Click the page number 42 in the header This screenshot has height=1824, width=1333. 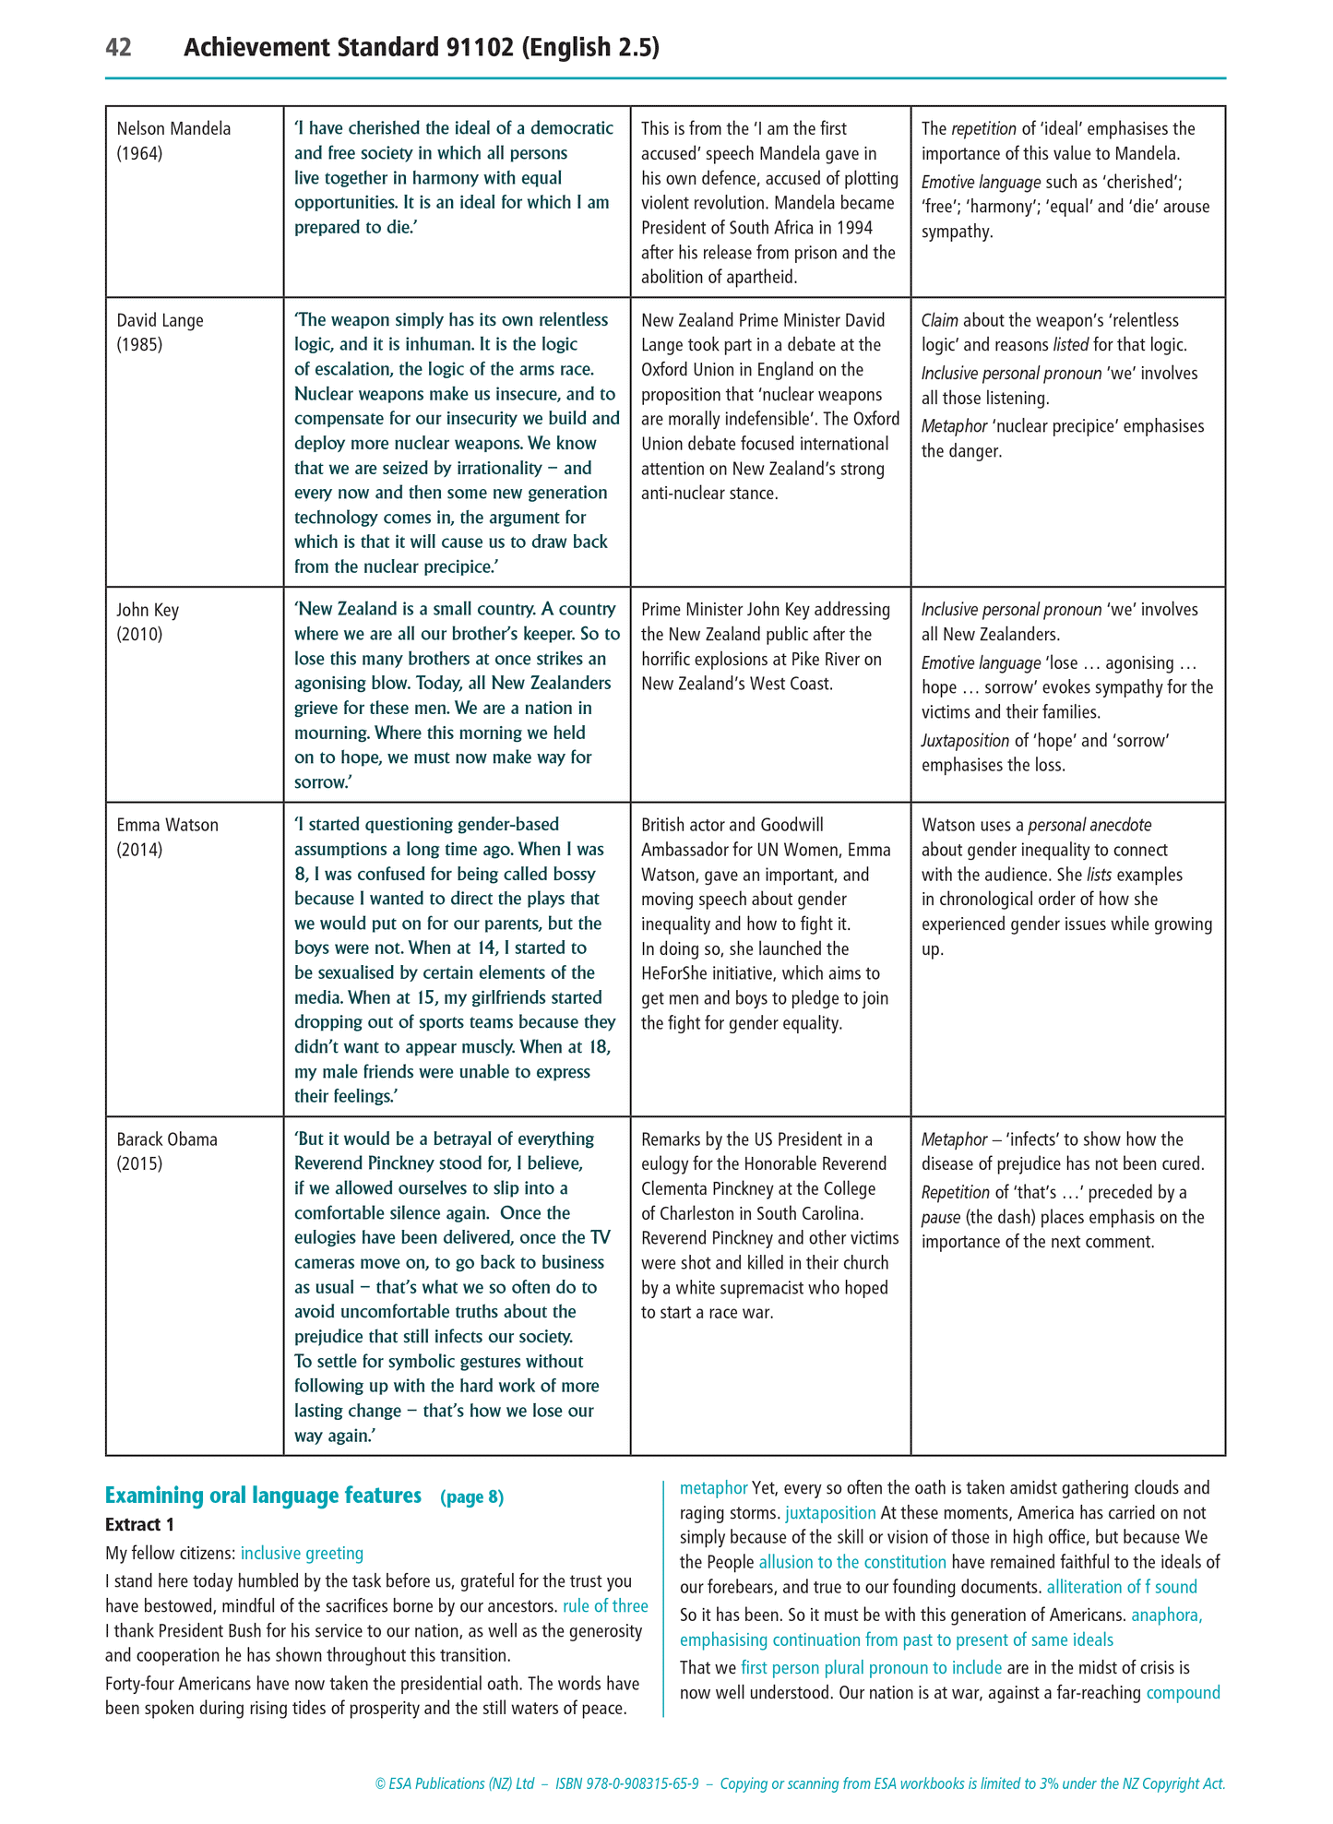coord(119,47)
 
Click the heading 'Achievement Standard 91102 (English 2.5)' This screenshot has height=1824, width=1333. coord(422,47)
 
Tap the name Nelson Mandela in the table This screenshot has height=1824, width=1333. coord(173,128)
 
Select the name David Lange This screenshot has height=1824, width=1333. coord(160,320)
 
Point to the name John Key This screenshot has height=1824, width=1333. coord(148,610)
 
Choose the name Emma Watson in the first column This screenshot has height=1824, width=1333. coord(167,825)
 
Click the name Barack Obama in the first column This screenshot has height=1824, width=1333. coord(167,1139)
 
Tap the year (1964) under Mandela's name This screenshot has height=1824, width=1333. coord(139,153)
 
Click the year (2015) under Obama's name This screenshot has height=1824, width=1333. coord(139,1164)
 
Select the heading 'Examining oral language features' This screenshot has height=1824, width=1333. coord(263,1496)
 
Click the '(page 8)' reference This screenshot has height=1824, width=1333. coord(472,1496)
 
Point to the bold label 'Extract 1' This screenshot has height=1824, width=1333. coord(139,1524)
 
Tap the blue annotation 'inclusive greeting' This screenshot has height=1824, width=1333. coord(302,1554)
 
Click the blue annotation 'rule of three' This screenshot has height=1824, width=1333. coord(605,1606)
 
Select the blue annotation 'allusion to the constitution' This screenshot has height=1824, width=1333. coord(852,1562)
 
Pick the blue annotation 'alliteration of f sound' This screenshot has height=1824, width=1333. coord(1122,1587)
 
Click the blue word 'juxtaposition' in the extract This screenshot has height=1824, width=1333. coord(830,1513)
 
